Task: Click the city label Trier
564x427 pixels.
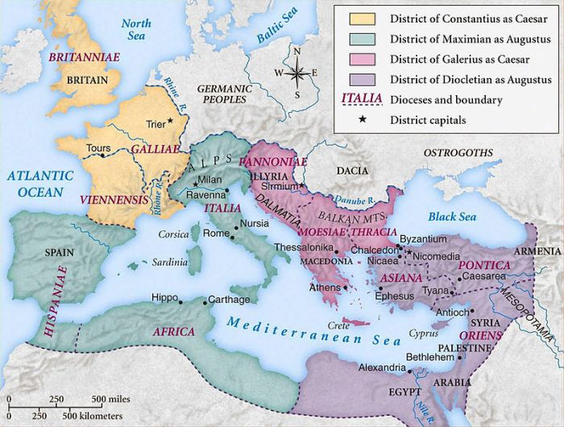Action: click(156, 124)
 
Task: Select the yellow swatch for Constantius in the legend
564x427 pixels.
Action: click(356, 18)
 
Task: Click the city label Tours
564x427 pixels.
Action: click(99, 148)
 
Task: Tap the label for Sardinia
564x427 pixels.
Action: click(168, 263)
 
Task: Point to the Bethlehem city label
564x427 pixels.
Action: click(430, 355)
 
